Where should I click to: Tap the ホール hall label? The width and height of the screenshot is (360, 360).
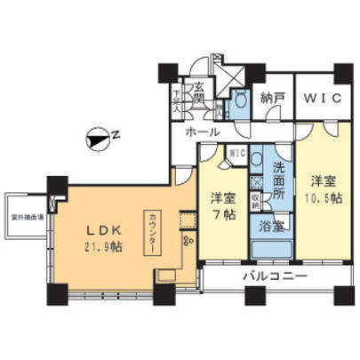pos(204,131)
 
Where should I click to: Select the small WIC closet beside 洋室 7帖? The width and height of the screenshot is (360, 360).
pos(236,152)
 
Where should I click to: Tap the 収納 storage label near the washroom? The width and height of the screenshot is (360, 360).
pos(254,200)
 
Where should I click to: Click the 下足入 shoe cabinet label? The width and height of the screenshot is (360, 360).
pos(178,92)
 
